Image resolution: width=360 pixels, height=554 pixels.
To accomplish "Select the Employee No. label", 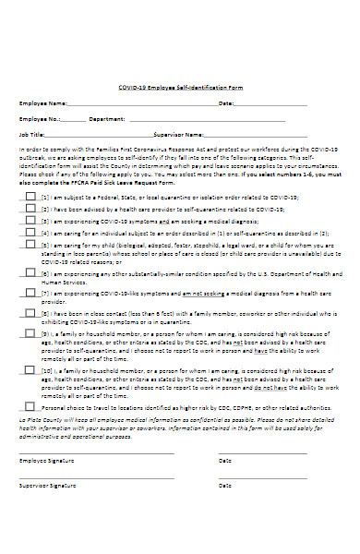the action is pos(42,119).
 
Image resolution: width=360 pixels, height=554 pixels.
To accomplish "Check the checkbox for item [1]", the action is pos(30,197).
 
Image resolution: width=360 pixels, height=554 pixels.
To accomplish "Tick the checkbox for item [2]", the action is pos(30,209).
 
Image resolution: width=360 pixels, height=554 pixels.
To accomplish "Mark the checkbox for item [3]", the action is pos(30,222).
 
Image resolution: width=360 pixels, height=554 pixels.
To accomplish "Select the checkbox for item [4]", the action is pos(30,234).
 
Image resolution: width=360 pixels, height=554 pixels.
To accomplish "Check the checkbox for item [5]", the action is pos(30,247).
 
